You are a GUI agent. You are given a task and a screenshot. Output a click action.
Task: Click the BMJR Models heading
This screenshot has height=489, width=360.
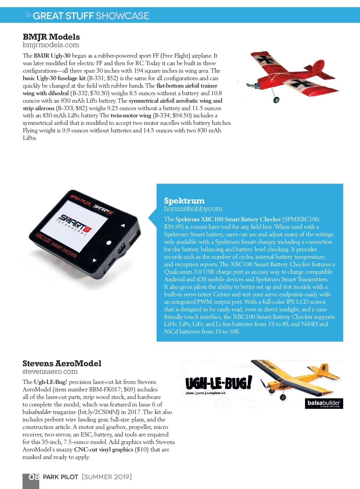coord(51,37)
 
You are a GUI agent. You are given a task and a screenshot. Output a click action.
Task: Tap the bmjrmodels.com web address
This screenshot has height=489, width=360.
coord(51,45)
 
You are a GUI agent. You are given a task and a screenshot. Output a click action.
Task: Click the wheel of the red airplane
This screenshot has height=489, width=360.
coord(276,100)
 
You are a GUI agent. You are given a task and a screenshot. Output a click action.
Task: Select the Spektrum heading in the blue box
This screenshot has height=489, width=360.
coord(184,201)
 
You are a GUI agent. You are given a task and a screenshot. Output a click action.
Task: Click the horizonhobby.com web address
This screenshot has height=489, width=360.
coord(193,209)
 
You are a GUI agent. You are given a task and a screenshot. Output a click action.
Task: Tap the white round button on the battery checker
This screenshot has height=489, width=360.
coord(109,243)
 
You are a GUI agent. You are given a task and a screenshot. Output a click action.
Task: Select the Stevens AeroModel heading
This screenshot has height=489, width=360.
coord(62,364)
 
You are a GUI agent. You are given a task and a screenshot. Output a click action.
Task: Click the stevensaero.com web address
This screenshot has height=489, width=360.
coord(50,372)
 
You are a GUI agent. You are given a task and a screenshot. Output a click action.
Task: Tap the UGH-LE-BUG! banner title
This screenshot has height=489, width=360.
coord(218,383)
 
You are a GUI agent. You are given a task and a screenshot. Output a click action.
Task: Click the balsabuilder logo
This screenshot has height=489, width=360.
coord(323,403)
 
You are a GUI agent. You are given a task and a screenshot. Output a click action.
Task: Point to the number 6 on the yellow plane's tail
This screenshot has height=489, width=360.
coord(324,367)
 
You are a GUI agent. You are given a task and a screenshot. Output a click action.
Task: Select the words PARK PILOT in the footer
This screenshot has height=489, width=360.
coord(61,477)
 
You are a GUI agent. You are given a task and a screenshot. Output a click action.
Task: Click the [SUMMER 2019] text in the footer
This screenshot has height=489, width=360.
coord(107,477)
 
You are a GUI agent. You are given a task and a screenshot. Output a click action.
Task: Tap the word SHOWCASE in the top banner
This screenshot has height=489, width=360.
coord(122,16)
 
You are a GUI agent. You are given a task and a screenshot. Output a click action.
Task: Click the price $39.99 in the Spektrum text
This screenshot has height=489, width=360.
coord(174,227)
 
